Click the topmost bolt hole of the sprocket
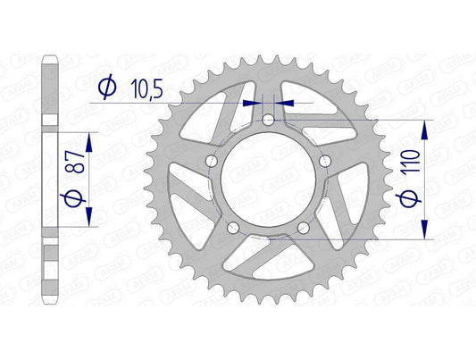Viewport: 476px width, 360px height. tap(269, 119)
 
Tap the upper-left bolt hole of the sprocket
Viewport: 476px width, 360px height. tap(211, 161)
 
